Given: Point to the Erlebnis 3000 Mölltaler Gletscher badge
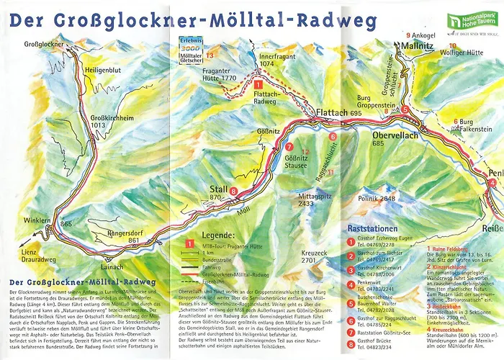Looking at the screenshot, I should pos(186,46).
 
